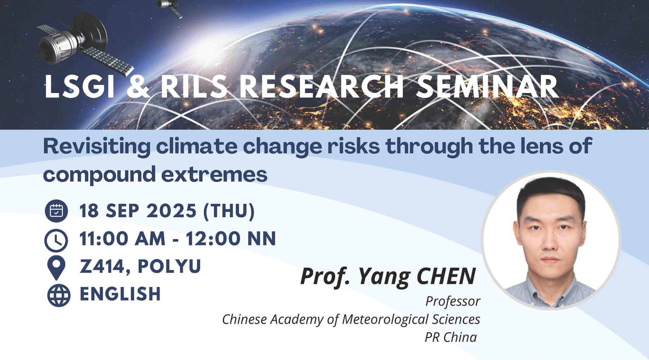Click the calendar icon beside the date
(x=56, y=211)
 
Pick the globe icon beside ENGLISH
(x=59, y=295)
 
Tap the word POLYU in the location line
(x=169, y=266)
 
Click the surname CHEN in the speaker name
(x=446, y=276)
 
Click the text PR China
(x=451, y=337)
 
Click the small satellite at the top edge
(x=169, y=7)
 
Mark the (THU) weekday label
(x=229, y=211)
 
